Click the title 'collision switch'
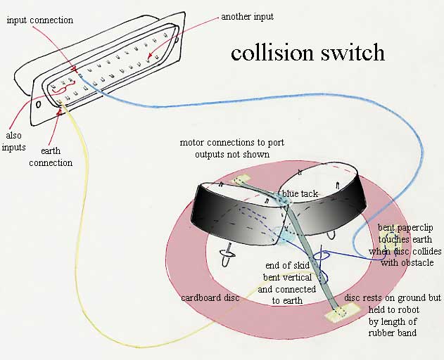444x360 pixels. [308, 53]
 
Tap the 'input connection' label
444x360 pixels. [39, 20]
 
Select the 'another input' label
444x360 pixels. [247, 15]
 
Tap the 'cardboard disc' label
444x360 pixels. [210, 297]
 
